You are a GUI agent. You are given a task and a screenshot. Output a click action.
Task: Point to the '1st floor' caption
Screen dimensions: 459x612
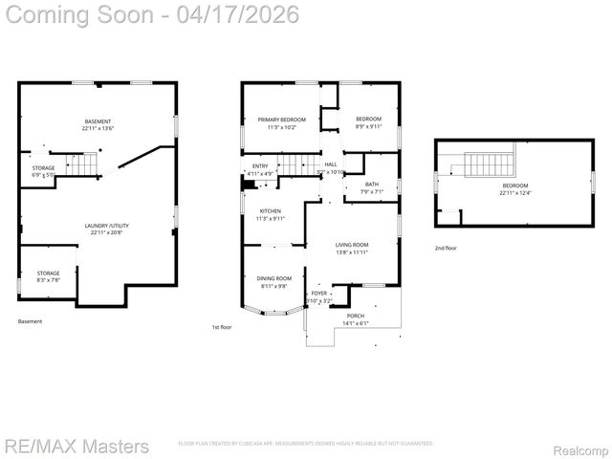tap(223, 327)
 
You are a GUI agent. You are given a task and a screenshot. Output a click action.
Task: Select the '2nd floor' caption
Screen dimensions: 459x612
tap(446, 247)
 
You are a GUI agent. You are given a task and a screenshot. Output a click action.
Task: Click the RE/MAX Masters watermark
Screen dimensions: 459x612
tap(76, 447)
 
